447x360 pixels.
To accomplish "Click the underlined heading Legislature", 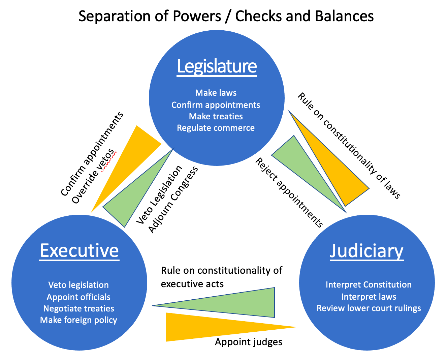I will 217,66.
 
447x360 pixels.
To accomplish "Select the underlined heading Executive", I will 79,250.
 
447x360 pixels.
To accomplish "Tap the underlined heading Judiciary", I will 366,251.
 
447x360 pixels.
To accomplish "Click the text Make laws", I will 216,93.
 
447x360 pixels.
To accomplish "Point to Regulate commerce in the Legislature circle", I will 216,128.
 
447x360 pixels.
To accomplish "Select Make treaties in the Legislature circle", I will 216,116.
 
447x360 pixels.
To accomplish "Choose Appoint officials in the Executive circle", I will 78,297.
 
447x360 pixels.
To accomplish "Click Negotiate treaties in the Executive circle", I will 78,308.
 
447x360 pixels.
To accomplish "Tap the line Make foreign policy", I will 78,320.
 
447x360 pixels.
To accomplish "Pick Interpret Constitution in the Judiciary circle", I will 369,285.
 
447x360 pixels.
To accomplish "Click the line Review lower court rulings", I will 369,308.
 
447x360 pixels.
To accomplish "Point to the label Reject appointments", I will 289,192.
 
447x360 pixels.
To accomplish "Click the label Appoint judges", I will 249,342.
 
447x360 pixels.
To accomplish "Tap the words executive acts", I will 192,284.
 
